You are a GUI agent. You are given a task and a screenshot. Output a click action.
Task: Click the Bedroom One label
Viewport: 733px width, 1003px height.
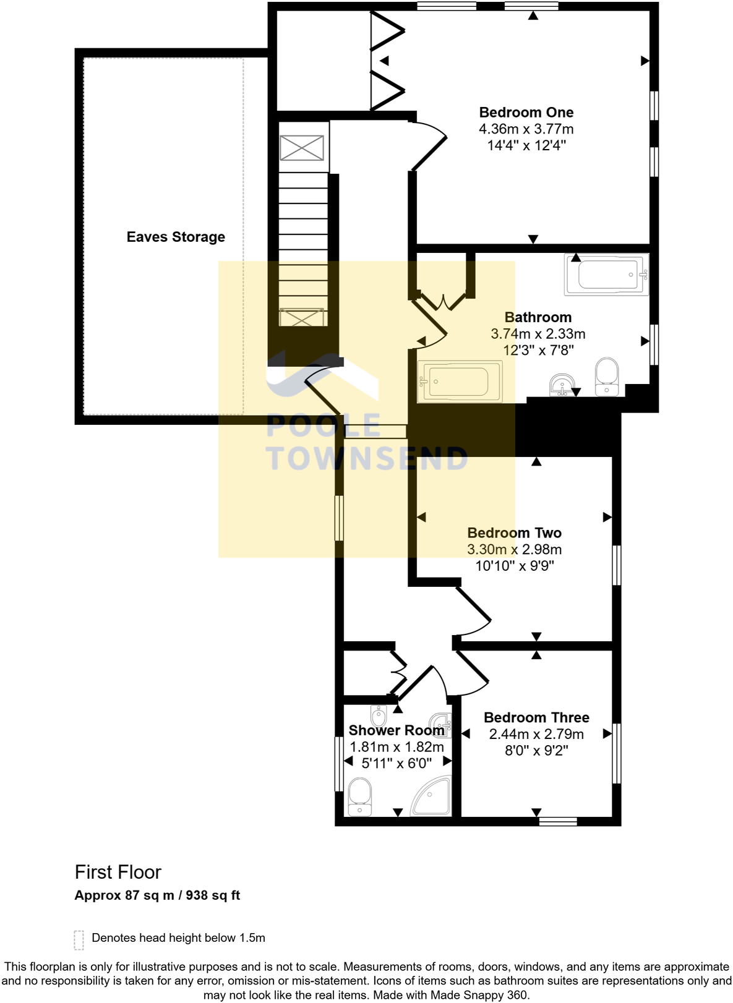pos(526,113)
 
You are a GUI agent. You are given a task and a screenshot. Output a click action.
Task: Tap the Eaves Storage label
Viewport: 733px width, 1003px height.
pos(176,237)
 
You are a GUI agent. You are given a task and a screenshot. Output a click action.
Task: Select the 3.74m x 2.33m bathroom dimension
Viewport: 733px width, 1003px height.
pos(538,334)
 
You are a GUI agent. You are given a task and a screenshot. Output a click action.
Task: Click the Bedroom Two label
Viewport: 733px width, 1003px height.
pos(514,533)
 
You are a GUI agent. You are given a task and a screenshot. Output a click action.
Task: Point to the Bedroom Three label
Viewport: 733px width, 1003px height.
pos(536,717)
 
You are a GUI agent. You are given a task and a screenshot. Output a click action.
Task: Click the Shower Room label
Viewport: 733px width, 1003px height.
pos(396,730)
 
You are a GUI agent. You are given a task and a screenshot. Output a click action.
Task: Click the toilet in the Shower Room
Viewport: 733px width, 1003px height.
pos(360,797)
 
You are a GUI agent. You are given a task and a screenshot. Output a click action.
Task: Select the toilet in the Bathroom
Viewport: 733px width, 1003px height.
pos(606,376)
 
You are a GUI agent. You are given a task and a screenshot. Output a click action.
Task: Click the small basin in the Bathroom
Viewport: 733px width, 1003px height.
pos(562,384)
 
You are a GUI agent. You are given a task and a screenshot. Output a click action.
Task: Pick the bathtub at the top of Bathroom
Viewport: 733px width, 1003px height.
pos(606,274)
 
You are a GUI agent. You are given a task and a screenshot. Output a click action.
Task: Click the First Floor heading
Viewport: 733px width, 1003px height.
pos(118,872)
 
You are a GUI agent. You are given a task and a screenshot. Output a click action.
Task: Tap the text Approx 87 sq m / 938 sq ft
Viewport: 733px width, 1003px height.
pos(157,895)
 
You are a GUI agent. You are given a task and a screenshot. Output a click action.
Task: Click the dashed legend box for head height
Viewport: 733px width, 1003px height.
pos(79,939)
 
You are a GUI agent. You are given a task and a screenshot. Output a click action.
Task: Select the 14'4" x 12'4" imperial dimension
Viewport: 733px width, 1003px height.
pos(526,145)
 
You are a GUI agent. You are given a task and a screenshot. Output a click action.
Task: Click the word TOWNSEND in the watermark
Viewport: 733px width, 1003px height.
pos(366,459)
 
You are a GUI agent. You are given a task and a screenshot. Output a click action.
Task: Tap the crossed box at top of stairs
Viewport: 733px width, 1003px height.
pos(302,148)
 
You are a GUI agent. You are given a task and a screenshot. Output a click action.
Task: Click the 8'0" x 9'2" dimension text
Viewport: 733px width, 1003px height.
pos(536,751)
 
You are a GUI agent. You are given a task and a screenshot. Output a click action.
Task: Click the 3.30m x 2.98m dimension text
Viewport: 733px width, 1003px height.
pos(514,549)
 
